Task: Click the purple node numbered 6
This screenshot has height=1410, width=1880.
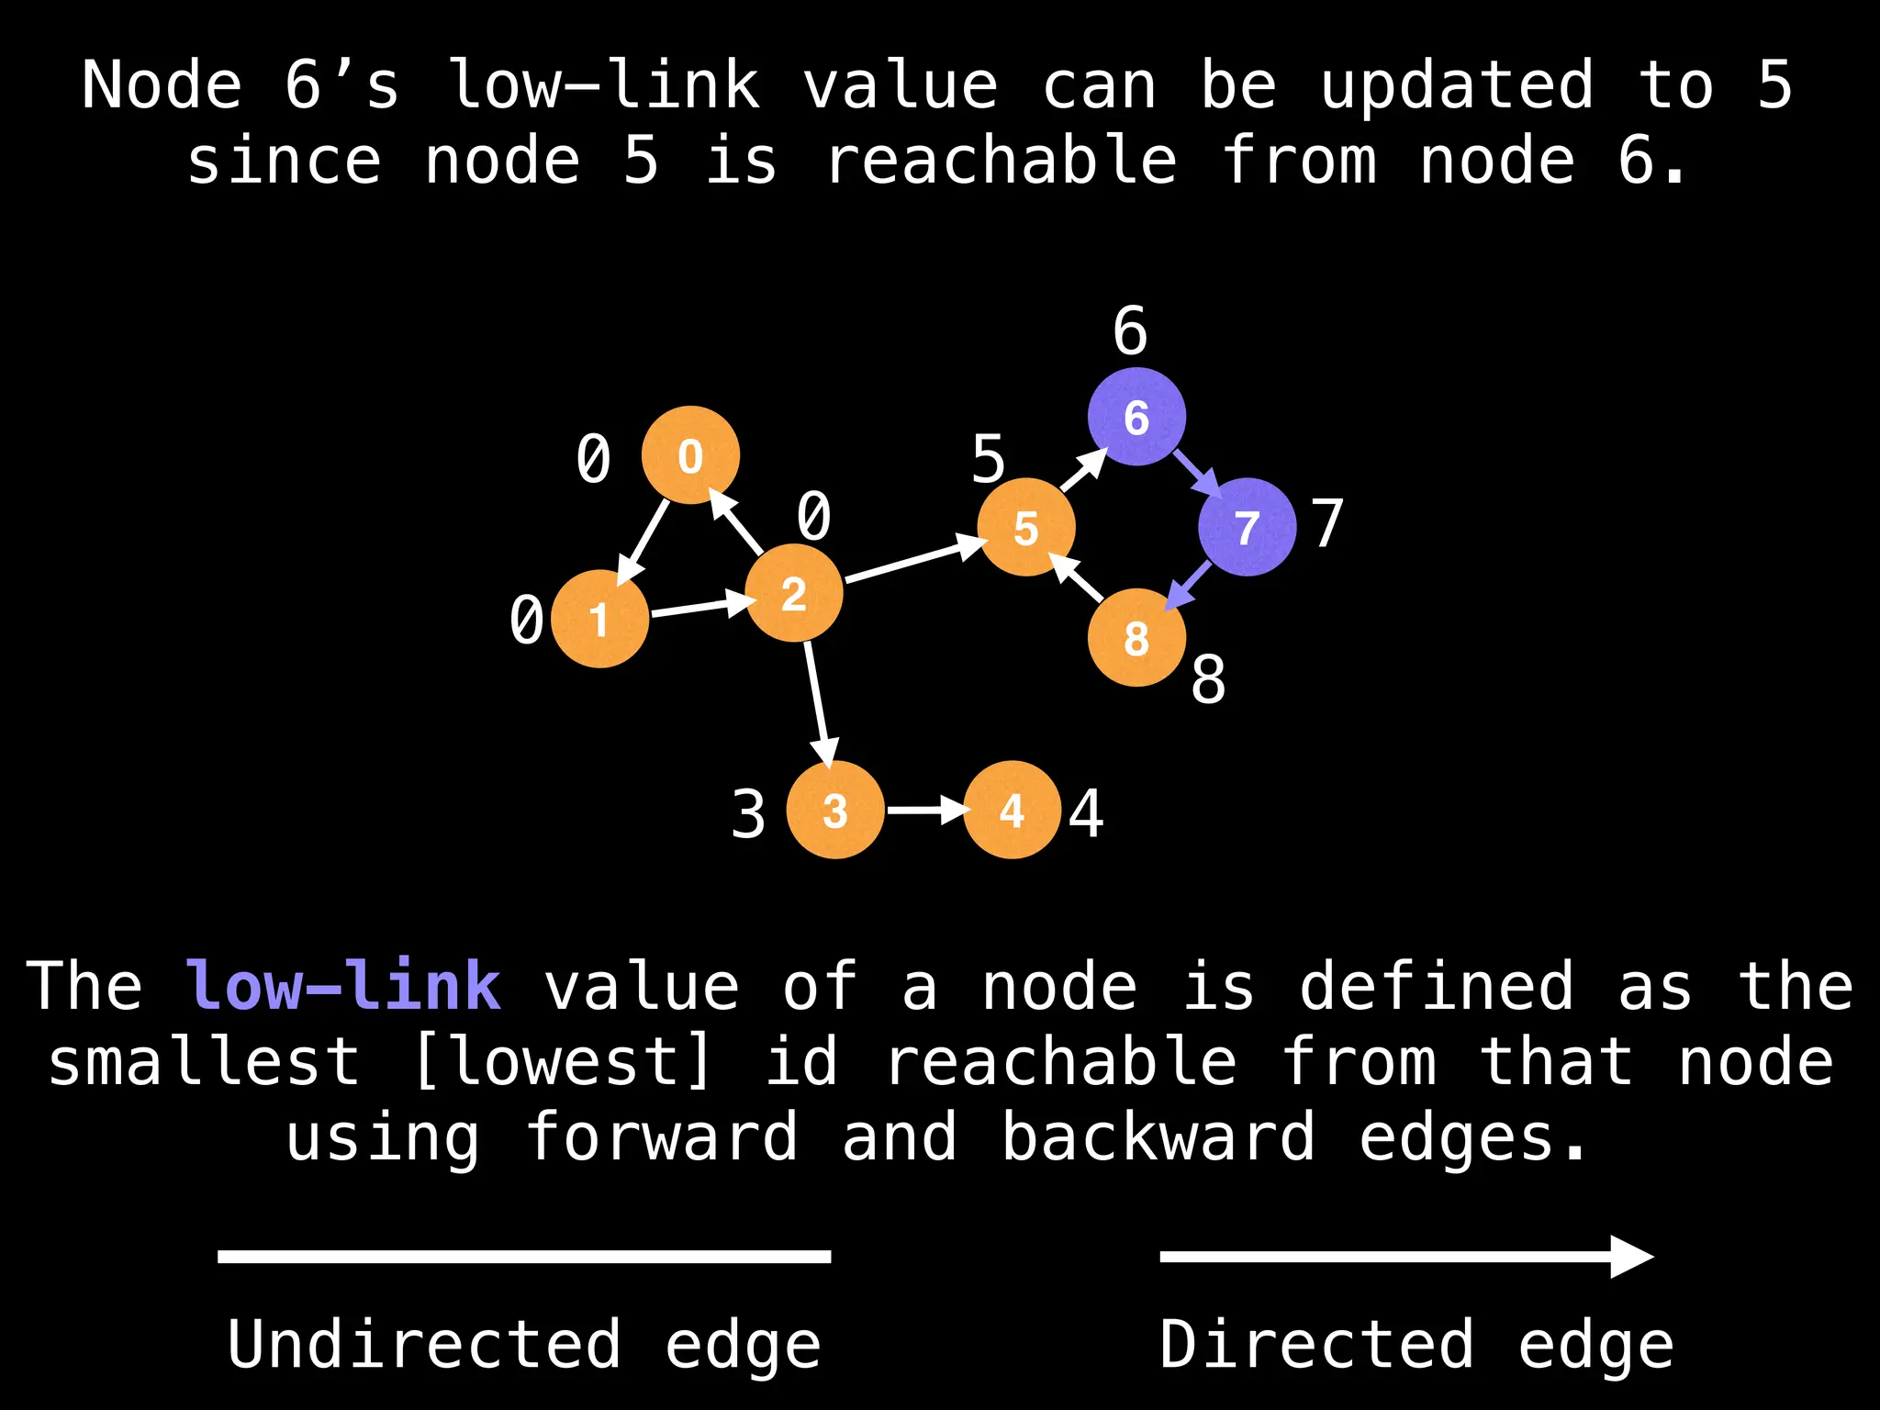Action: [x=1136, y=417]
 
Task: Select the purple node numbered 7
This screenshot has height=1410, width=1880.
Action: [x=1247, y=527]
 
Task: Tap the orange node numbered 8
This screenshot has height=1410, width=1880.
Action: [x=1136, y=638]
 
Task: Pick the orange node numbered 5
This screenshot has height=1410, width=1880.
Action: [x=1025, y=527]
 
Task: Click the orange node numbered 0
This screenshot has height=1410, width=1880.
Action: [x=690, y=455]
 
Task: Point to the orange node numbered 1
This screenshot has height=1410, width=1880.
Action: [x=599, y=619]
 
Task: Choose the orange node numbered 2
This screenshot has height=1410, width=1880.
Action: [x=794, y=593]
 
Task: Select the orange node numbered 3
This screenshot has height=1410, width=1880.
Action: [x=835, y=810]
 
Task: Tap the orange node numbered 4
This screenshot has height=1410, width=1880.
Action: [x=1012, y=810]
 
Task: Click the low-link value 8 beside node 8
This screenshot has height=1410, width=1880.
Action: [x=1208, y=680]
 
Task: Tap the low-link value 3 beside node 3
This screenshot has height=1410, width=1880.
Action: [x=748, y=814]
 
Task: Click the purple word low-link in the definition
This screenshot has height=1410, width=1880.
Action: [x=343, y=986]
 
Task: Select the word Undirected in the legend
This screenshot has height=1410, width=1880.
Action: [x=424, y=1344]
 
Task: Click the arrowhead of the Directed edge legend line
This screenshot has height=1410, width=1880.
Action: [x=1632, y=1256]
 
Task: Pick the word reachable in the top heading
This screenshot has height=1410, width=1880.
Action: [x=1001, y=161]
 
